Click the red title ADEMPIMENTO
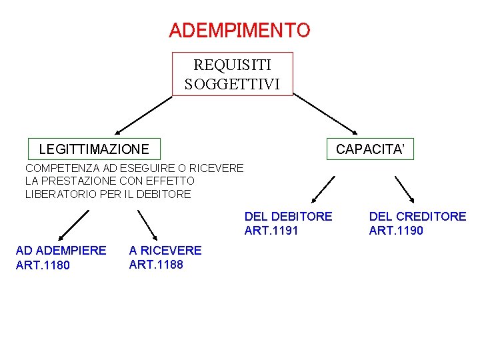point(239,31)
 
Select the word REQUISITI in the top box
point(232,65)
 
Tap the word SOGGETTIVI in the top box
point(232,84)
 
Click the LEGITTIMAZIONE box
point(94,149)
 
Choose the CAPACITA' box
point(369,149)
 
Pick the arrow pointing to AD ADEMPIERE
point(73,225)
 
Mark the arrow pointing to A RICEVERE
point(147,225)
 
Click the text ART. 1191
point(271,231)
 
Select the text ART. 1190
point(396,231)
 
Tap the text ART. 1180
point(42,265)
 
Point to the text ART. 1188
point(156,265)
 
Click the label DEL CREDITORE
point(417,217)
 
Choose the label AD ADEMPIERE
point(61,251)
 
